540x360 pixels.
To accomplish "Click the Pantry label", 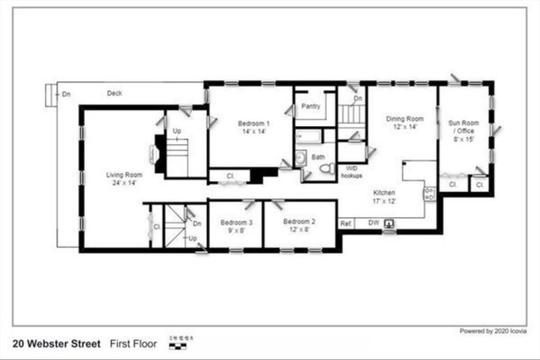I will coord(311,106).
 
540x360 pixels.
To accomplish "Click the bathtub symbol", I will coord(308,137).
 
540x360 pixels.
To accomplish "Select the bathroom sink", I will coord(300,157).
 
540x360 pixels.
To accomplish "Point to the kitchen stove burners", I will coord(430,193).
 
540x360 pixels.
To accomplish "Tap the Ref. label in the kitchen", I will coord(346,223).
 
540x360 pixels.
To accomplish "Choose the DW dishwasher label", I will coord(373,223).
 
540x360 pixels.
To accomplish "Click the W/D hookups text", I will coord(351,172).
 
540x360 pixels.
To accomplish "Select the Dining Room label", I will coord(404,123).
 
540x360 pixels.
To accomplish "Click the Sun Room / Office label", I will coord(461,131).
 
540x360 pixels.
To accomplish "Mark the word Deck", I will coord(114,93).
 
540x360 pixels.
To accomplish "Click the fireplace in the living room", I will coord(156,154).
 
